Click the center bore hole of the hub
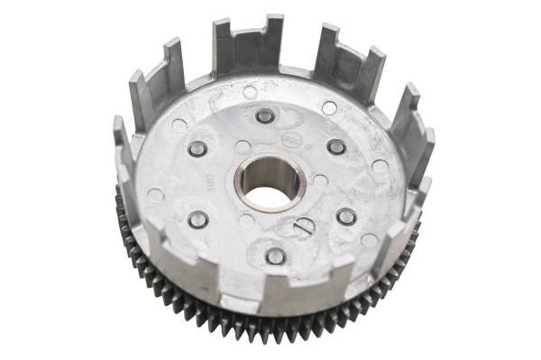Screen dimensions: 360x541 266,184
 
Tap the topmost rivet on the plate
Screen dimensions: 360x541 264,115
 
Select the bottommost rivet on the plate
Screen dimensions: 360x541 276,255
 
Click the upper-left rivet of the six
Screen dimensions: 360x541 197,149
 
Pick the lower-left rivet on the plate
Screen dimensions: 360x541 197,219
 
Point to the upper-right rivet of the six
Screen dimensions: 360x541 336,146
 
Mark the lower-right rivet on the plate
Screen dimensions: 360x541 345,216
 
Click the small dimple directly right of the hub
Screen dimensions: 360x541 320,180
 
